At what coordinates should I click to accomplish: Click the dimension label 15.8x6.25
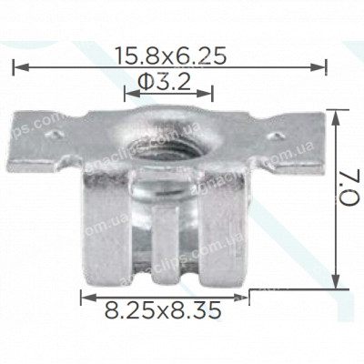pyautogui.click(x=171, y=56)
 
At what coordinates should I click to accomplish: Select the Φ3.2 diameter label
pyautogui.click(x=167, y=82)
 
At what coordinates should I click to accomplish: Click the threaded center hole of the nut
pyautogui.click(x=167, y=142)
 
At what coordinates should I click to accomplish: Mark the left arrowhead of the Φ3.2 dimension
pyautogui.click(x=128, y=92)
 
